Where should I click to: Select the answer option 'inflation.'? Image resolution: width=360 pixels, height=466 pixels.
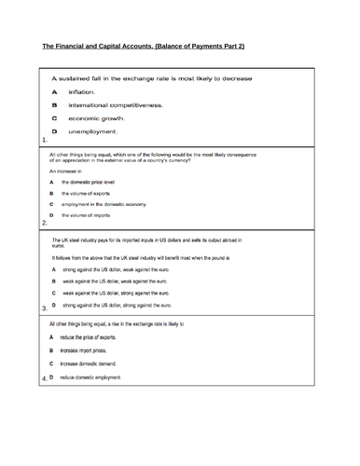click(81, 92)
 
